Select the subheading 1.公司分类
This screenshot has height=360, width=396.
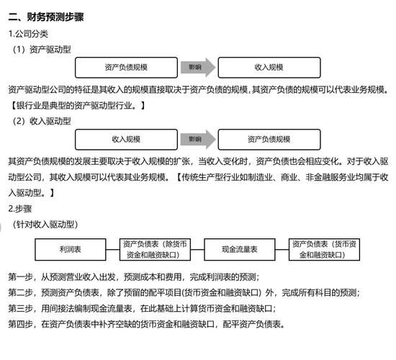(29, 33)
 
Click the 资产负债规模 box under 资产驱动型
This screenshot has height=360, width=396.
(126, 67)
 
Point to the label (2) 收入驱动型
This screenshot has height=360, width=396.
(42, 121)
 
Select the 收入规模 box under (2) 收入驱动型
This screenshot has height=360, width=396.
(126, 139)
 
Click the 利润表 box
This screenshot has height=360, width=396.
(70, 249)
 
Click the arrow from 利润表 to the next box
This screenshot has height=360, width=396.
(112, 249)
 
